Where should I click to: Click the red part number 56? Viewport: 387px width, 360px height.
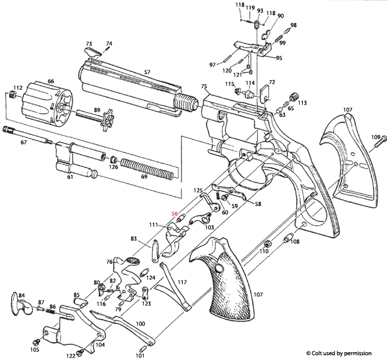(175, 214)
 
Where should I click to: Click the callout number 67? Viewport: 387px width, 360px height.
(24, 143)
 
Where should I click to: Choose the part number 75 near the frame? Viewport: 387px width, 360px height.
(204, 87)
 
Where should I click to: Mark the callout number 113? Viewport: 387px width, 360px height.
(302, 103)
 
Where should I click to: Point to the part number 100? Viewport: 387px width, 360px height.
(140, 324)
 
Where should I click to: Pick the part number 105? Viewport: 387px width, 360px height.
(34, 350)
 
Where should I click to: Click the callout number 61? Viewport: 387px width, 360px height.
(70, 177)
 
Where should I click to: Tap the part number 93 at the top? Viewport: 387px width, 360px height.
(260, 11)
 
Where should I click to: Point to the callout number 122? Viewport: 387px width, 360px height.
(70, 356)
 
